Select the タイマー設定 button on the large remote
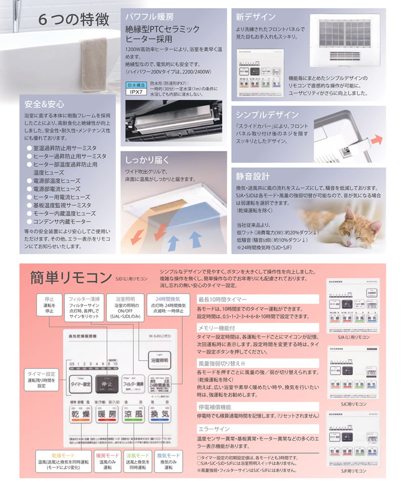click(x=79, y=384)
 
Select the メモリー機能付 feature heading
click(x=216, y=327)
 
